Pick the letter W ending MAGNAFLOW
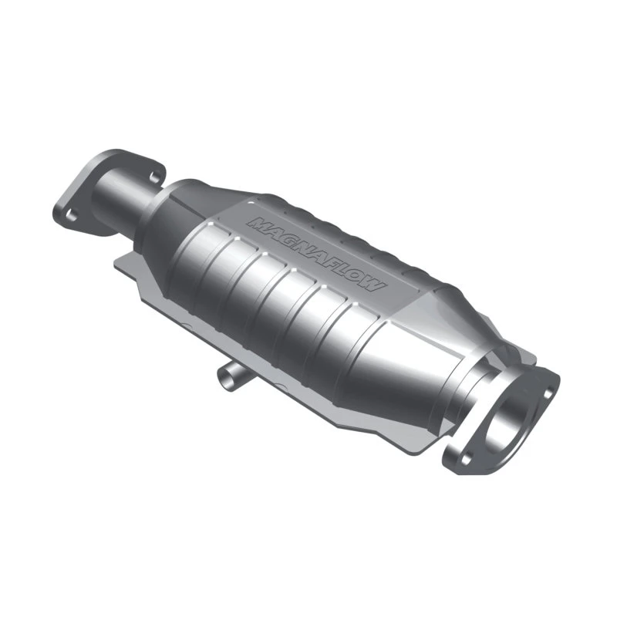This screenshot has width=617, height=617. click(374, 286)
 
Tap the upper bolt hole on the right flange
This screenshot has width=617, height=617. click(548, 392)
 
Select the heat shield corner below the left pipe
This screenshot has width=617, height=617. click(123, 262)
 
